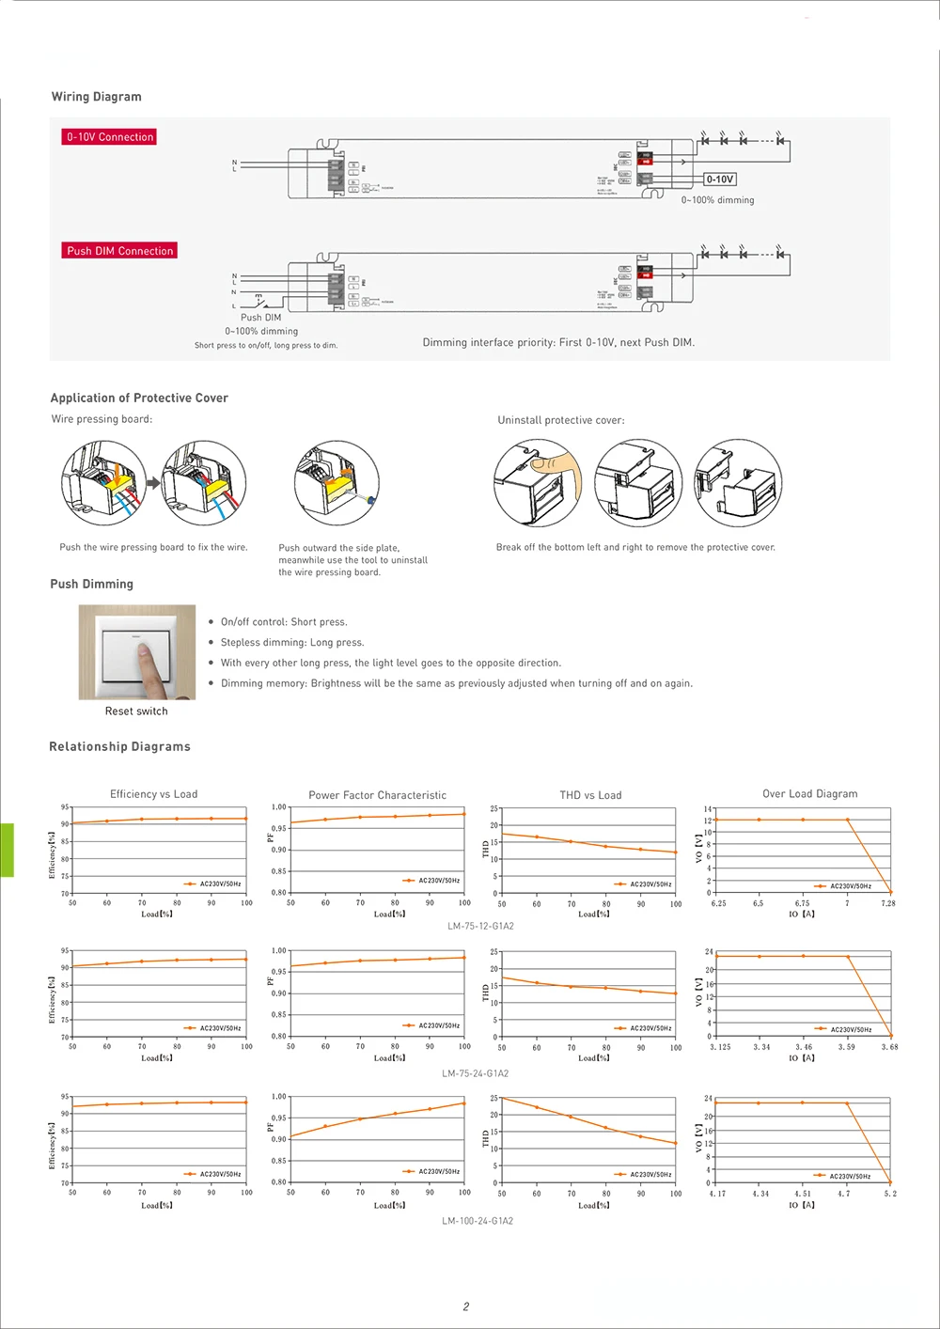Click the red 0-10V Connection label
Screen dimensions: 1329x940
[x=109, y=137]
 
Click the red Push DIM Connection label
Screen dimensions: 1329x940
[x=119, y=251]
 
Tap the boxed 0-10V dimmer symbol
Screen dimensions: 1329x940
[x=720, y=180]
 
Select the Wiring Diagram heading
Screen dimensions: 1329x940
[x=96, y=97]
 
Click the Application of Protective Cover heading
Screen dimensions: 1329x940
[x=139, y=399]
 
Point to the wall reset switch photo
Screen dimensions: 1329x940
[x=137, y=652]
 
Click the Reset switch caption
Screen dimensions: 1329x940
[x=136, y=711]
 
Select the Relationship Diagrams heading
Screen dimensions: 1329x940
[x=119, y=747]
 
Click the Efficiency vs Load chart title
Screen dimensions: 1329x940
[x=153, y=794]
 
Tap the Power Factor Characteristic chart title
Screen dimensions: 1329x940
[x=377, y=795]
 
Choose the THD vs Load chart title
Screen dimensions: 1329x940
[x=590, y=795]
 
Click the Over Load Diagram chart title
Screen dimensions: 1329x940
[x=809, y=794]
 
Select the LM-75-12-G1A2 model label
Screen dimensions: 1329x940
[x=480, y=927]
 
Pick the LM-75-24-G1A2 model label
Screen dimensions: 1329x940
[x=476, y=1073]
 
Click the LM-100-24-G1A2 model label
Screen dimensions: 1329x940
[x=478, y=1221]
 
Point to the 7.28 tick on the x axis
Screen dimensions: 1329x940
[x=888, y=903]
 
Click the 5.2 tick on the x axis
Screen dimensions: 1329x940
[x=890, y=1195]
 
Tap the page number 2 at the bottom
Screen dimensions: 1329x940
[x=466, y=1306]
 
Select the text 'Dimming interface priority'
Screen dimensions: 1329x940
[x=488, y=343]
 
